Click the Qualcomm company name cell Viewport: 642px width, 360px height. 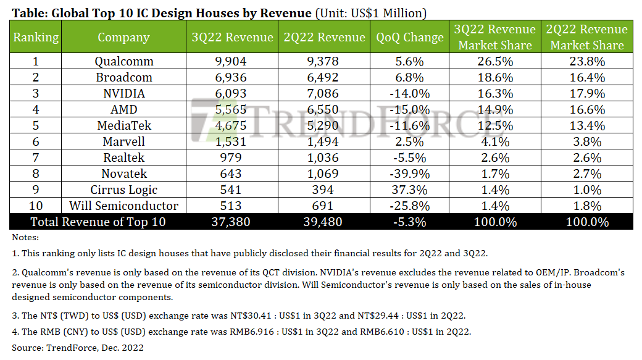click(124, 61)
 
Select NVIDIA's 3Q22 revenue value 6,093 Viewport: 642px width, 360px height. click(232, 93)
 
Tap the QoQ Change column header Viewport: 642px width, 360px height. click(410, 37)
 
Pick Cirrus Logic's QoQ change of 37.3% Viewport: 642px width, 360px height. click(410, 190)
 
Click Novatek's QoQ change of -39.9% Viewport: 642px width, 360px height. click(410, 174)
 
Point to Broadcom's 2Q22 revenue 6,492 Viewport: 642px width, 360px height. click(324, 77)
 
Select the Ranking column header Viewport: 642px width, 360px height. click(36, 37)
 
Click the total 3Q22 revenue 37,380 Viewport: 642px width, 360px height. click(232, 222)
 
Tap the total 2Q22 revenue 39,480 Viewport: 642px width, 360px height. click(324, 222)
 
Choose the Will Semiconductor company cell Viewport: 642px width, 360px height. click(124, 206)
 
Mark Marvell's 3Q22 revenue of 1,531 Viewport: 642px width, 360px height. click(232, 141)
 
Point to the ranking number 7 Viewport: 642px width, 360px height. click(36, 157)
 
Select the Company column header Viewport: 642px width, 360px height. click(124, 37)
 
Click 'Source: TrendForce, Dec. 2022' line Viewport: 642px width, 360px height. click(77, 348)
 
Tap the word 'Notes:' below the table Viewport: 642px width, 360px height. click(25, 237)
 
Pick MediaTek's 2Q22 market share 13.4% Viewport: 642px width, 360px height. click(586, 125)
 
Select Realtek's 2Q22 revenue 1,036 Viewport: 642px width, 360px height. click(324, 157)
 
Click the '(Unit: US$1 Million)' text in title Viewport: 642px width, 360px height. click(370, 13)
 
